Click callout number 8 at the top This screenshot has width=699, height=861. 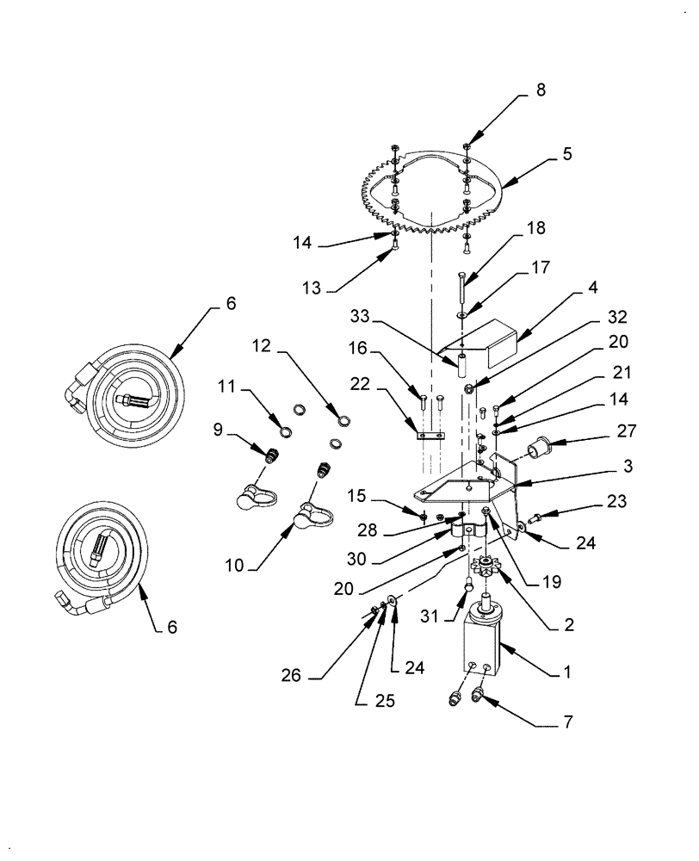point(541,90)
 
